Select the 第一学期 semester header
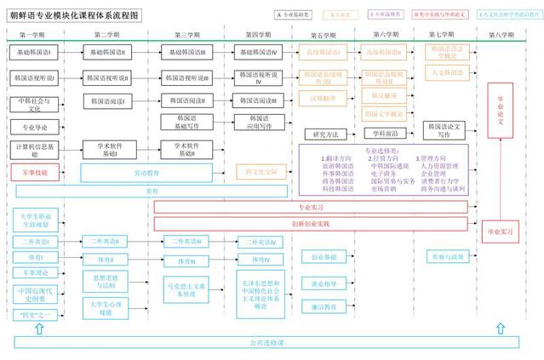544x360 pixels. tap(33, 36)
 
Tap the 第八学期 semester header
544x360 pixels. tap(501, 36)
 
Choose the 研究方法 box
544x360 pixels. tap(326, 134)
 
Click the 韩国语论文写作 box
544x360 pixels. tap(449, 130)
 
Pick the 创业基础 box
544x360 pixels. tap(324, 256)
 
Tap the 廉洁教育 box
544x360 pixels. tap(324, 306)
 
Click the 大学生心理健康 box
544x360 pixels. tap(103, 306)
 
